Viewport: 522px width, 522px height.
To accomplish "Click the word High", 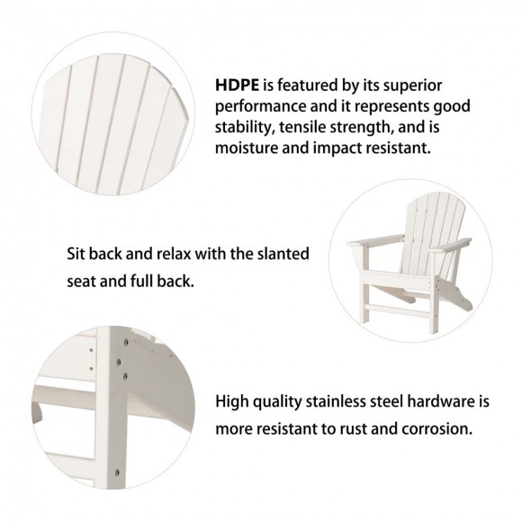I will pyautogui.click(x=235, y=400).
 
